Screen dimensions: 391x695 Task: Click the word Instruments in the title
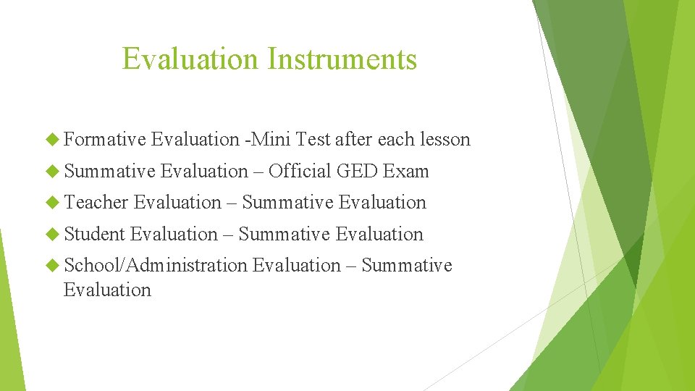pyautogui.click(x=342, y=59)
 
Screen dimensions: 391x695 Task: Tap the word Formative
pyautogui.click(x=105, y=139)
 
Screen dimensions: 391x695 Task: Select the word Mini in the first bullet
pyautogui.click(x=271, y=139)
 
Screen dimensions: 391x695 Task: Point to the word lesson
pyautogui.click(x=443, y=139)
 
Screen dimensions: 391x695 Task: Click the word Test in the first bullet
pyautogui.click(x=313, y=139)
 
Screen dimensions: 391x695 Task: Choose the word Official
pyautogui.click(x=300, y=171)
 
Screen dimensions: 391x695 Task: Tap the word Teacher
pyautogui.click(x=96, y=202)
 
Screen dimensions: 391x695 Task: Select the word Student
pyautogui.click(x=94, y=234)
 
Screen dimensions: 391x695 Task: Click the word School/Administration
pyautogui.click(x=155, y=265)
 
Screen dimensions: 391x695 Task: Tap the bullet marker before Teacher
pyautogui.click(x=53, y=203)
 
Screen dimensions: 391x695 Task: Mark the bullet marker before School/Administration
pyautogui.click(x=53, y=266)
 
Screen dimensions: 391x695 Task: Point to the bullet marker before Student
pyautogui.click(x=53, y=235)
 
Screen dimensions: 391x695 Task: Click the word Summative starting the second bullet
pyautogui.click(x=109, y=171)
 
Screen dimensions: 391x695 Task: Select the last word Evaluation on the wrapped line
pyautogui.click(x=107, y=290)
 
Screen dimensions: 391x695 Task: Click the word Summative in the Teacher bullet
pyautogui.click(x=287, y=202)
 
